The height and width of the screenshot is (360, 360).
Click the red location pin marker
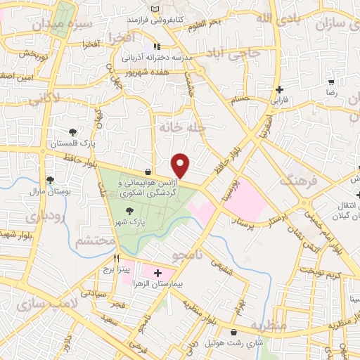(181, 165)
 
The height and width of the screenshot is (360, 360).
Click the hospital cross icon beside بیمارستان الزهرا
(157, 272)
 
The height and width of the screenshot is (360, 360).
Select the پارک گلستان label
(73, 143)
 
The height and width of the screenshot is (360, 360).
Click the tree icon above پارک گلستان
(72, 132)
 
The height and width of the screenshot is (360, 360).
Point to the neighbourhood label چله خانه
(177, 127)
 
